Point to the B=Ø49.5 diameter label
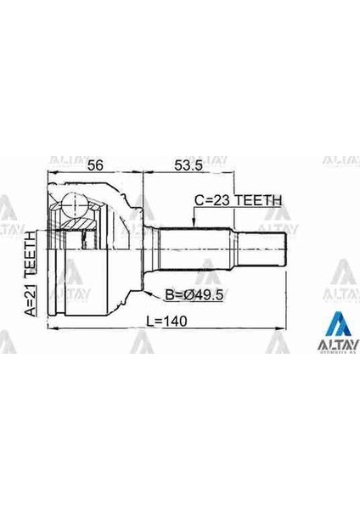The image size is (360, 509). pos(194,295)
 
